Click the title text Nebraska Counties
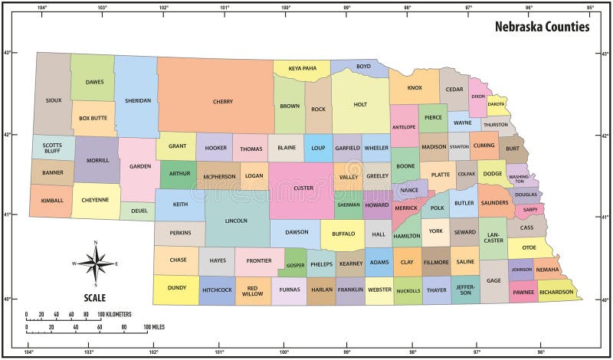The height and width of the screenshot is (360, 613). [x=541, y=27]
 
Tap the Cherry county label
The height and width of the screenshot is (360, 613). [x=222, y=101]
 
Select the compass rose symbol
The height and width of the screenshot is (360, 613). [x=95, y=263]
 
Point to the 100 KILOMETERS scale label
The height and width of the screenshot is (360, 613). [x=107, y=314]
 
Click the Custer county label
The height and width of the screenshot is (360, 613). [x=303, y=188]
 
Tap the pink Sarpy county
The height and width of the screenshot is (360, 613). [x=529, y=208]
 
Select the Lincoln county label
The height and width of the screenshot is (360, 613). [x=236, y=221]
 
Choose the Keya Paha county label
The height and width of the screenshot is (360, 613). [x=302, y=68]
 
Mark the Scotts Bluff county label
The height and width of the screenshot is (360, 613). [x=52, y=148]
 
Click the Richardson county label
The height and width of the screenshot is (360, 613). [x=556, y=292]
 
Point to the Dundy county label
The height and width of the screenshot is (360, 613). [x=175, y=289]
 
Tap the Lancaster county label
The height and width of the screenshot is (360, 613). [x=493, y=237]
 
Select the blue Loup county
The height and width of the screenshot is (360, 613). [x=318, y=148]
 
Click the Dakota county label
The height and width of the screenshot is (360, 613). [x=497, y=103]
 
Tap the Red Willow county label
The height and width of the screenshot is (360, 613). [x=252, y=290]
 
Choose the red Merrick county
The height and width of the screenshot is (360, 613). [x=406, y=208]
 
